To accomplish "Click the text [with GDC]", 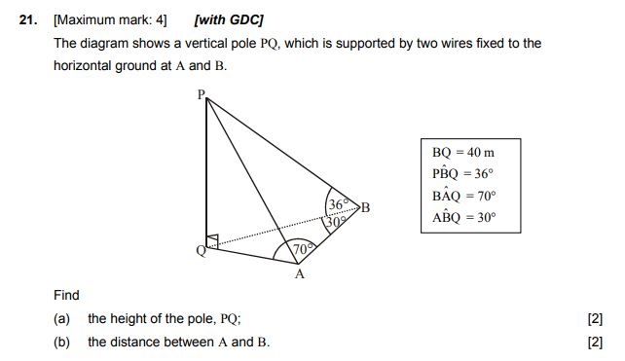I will coord(229,19).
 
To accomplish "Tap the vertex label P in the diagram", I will coord(201,94).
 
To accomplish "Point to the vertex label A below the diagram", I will coord(300,274).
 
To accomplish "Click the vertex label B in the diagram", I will coord(366,206).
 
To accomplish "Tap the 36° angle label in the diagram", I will coord(339,205).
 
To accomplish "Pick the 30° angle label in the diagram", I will coord(336,220).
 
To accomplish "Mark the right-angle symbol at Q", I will coord(213,239).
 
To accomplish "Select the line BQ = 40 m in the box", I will coord(463,153).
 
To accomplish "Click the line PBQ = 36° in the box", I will coord(463,174).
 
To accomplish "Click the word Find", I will coord(67,295).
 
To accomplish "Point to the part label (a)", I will coord(62,319).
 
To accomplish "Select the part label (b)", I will coord(62,342).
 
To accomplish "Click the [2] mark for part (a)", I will coord(596,319).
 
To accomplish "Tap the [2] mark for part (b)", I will coord(596,342).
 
